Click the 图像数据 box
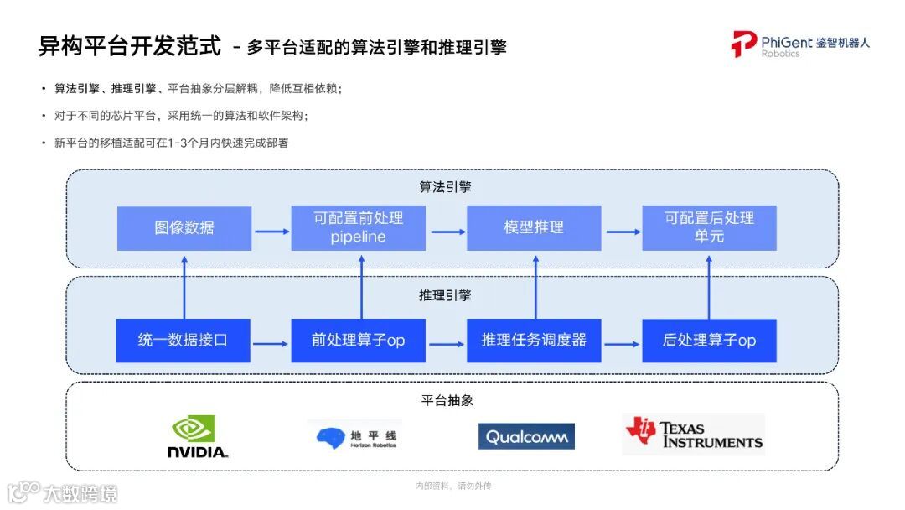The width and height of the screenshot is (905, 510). [184, 228]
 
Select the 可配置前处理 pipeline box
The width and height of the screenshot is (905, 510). [358, 228]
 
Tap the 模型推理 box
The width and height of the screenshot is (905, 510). [534, 228]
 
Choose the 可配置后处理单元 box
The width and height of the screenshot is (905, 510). [709, 228]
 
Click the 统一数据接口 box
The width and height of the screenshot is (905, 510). [183, 341]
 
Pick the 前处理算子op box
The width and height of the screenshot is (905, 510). [358, 341]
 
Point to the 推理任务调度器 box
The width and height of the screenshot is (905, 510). [534, 341]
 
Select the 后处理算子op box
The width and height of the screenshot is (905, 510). [709, 341]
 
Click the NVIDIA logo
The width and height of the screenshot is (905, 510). [197, 436]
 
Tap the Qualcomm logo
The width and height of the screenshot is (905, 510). [526, 436]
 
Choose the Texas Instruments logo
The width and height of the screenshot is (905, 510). [694, 434]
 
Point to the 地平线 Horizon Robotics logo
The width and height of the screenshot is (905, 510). [356, 436]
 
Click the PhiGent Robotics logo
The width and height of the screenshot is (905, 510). [799, 44]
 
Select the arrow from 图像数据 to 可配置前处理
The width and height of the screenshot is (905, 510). [271, 229]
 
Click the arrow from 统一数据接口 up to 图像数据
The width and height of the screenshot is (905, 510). [184, 284]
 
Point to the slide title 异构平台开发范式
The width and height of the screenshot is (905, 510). [130, 45]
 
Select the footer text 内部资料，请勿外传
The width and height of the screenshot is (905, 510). [452, 487]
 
